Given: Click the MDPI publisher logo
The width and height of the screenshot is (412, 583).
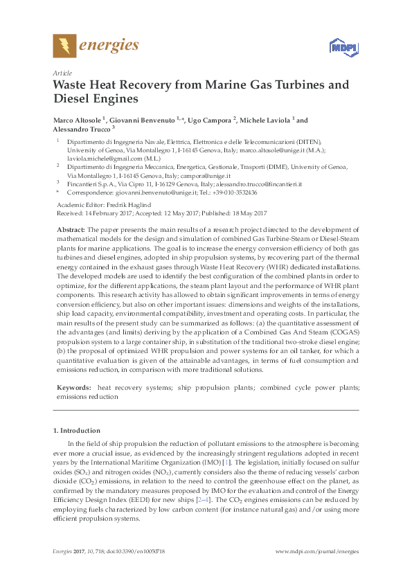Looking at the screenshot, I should tap(340, 48).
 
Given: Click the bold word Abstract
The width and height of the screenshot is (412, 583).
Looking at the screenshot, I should tap(70, 228).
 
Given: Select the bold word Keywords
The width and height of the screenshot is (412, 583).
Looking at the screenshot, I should tap(73, 388).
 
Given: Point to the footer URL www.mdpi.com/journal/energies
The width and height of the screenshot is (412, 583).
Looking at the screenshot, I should tap(317, 551).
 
